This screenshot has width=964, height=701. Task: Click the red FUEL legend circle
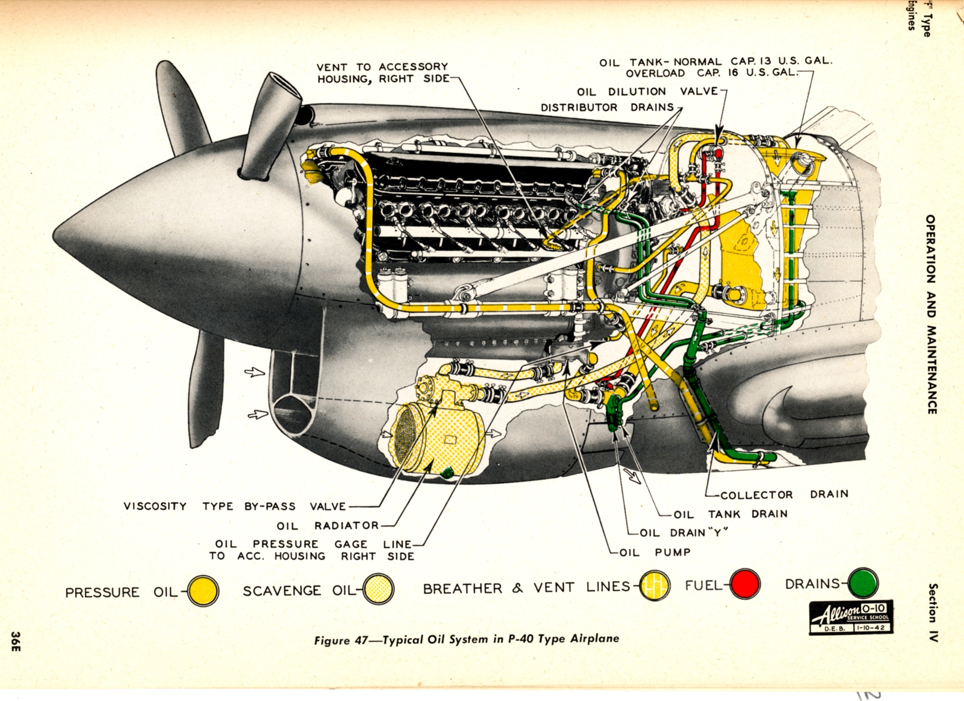coord(745,584)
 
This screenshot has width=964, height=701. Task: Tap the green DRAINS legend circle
coord(863,583)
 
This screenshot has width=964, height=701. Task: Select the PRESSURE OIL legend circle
coord(203,591)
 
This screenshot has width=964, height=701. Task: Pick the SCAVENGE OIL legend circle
coord(379,589)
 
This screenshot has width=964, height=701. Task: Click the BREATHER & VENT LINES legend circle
coord(655,586)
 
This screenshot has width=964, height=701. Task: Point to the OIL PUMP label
coord(655,553)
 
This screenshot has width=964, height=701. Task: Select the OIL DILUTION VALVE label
coord(647,92)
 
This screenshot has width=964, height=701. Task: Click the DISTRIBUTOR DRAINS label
coord(607,107)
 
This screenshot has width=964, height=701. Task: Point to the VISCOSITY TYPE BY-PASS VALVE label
coord(235,506)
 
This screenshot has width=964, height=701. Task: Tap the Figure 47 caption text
coord(466,639)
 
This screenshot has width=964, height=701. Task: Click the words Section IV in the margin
coord(933,612)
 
